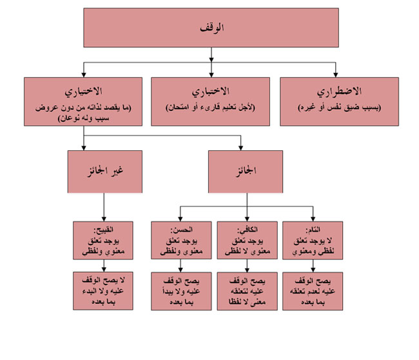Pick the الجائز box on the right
click(246, 171)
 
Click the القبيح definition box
click(104, 239)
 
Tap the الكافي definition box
click(246, 239)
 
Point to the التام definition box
click(313, 239)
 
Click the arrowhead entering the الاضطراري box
click(336, 74)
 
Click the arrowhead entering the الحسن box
click(179, 218)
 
